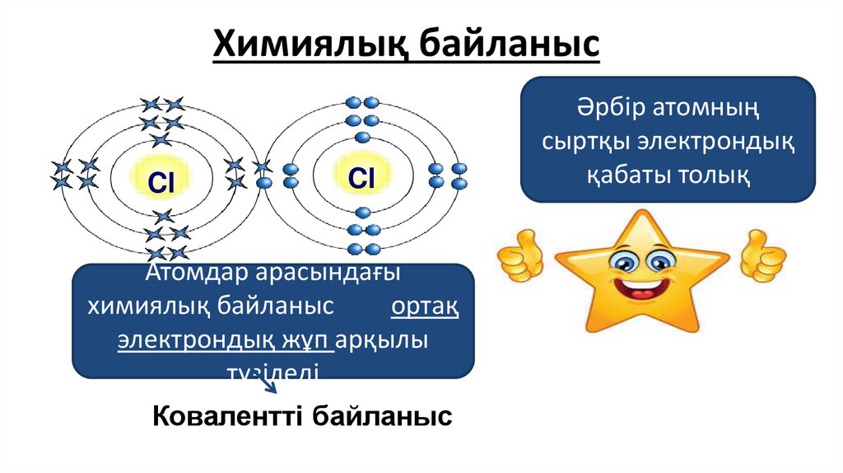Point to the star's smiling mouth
640,292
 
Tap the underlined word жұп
310,340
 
